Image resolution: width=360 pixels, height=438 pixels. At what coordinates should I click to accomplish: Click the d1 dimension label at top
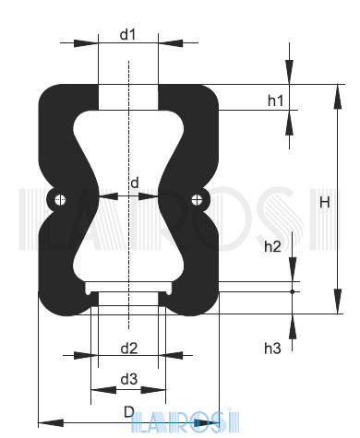(128, 35)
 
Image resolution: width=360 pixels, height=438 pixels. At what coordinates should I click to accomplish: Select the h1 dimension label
(275, 101)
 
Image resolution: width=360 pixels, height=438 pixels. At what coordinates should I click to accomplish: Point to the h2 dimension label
(272, 246)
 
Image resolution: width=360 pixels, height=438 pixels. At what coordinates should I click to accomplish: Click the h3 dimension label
(272, 348)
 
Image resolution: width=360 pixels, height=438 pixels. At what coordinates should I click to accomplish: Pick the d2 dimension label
(128, 348)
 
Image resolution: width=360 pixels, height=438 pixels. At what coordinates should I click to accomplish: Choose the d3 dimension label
(128, 379)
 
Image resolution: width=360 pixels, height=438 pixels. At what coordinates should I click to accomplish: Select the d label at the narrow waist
(135, 183)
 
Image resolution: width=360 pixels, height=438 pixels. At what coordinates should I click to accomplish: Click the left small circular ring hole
(60, 198)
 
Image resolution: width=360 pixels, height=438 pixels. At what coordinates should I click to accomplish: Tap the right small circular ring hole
(197, 198)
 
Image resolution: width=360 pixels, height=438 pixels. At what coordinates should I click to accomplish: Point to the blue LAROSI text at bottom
(175, 425)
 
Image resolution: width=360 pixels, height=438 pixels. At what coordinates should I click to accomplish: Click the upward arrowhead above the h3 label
(293, 322)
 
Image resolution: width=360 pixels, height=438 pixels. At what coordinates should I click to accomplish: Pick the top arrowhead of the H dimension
(330, 91)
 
